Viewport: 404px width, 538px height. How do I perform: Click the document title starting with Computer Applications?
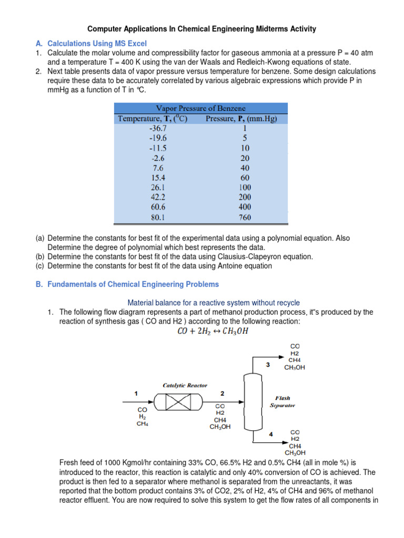coord(202,29)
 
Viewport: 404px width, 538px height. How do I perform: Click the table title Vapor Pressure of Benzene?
coord(201,108)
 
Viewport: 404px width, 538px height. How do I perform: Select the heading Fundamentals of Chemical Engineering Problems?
coord(133,284)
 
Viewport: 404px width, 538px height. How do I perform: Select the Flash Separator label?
coord(283,401)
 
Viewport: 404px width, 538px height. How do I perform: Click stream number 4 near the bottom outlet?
coord(270,434)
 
